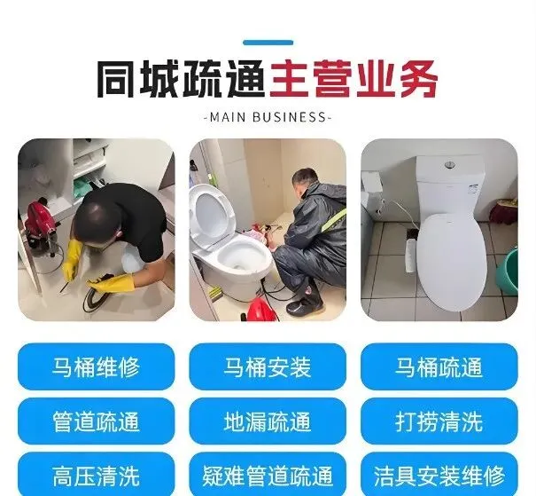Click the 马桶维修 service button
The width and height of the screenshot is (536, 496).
tap(96, 366)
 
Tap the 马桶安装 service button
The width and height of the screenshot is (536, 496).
tap(268, 366)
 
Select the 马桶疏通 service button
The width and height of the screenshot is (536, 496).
tap(439, 366)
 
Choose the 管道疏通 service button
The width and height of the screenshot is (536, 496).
tap(96, 421)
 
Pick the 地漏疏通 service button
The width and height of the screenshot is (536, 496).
tap(268, 421)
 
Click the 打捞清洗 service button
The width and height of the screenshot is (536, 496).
tap(439, 421)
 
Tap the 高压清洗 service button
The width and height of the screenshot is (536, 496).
tap(96, 475)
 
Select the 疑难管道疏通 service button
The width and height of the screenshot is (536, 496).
tap(268, 475)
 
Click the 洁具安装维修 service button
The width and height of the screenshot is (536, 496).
tap(439, 475)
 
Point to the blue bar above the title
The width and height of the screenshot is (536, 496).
tap(268, 43)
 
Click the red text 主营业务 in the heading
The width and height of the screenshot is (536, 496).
tap(353, 80)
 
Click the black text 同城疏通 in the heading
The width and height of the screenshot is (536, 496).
tap(182, 80)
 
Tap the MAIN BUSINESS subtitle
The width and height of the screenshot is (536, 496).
tap(268, 117)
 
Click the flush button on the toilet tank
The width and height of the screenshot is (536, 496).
tap(450, 165)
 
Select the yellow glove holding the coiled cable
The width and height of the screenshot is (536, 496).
tap(113, 283)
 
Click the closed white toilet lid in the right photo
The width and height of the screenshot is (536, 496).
tap(452, 261)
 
